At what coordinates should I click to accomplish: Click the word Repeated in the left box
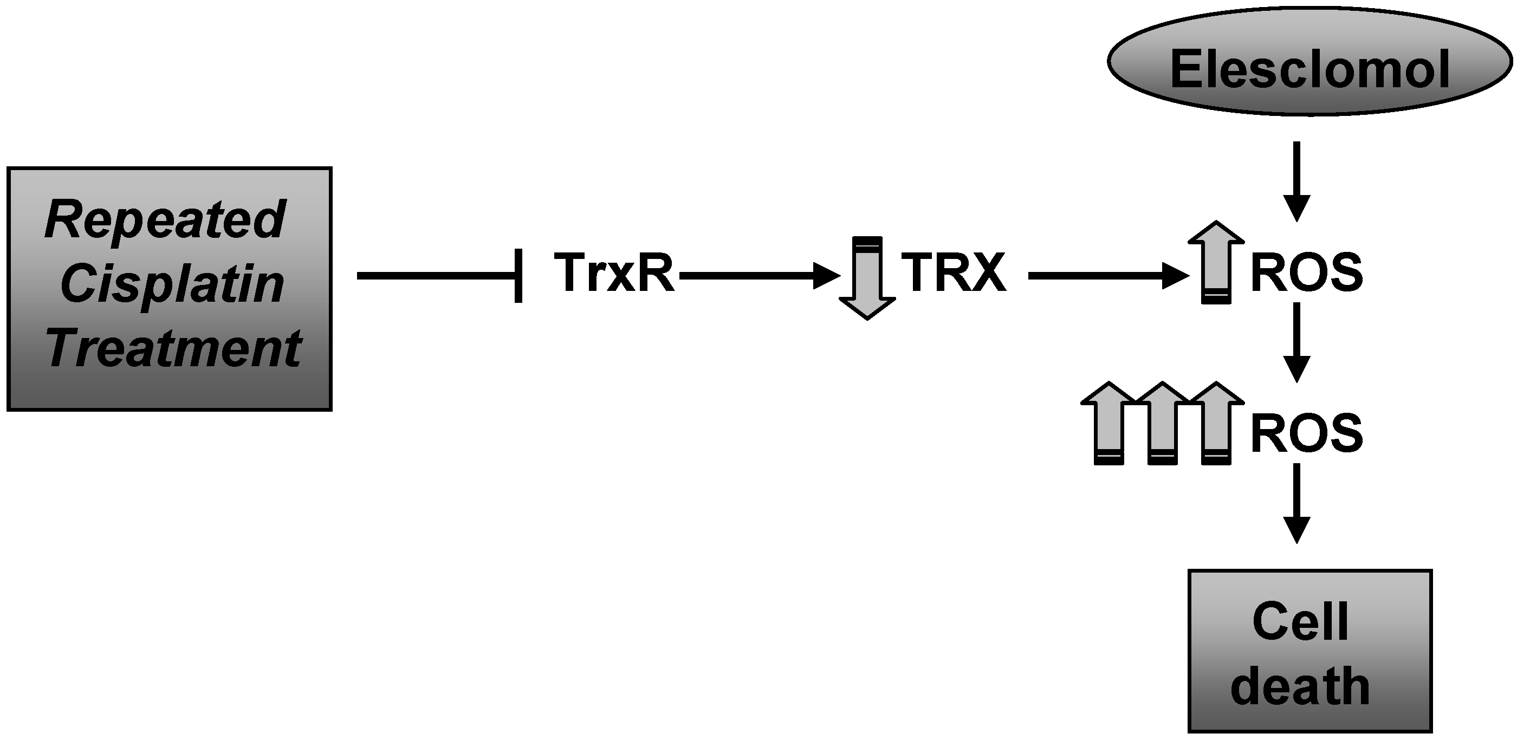click(165, 219)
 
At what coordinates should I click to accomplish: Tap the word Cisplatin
click(172, 284)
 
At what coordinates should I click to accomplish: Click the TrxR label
click(614, 272)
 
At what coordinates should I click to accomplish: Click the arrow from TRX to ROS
click(1107, 276)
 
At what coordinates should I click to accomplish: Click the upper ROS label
click(1306, 272)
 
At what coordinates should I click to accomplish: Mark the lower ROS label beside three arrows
click(1306, 433)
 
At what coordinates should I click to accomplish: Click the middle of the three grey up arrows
click(1163, 424)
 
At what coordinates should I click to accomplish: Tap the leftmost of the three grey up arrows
click(1109, 424)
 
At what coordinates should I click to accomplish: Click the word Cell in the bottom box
click(1300, 622)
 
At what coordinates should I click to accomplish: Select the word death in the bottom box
click(1300, 687)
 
